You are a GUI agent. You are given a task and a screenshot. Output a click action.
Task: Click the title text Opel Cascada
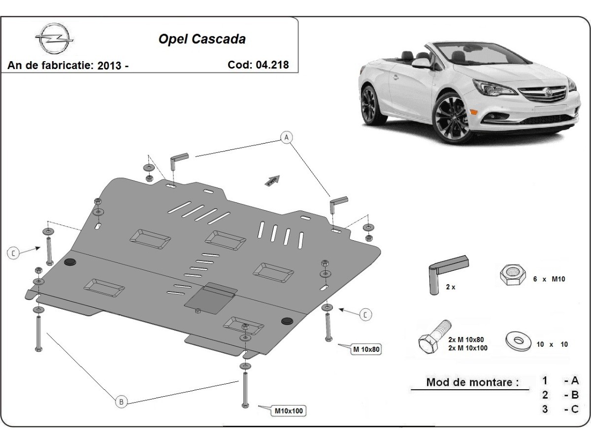coord(202,39)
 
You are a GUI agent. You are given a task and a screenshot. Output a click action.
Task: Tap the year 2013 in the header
coord(110,66)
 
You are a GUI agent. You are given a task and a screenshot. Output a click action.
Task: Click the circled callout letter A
coord(286,137)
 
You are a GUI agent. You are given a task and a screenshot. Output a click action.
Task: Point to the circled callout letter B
coord(121,402)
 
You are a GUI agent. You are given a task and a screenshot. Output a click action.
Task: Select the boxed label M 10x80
coord(366,350)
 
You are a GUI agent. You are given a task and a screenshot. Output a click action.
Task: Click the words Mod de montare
coord(472,382)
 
